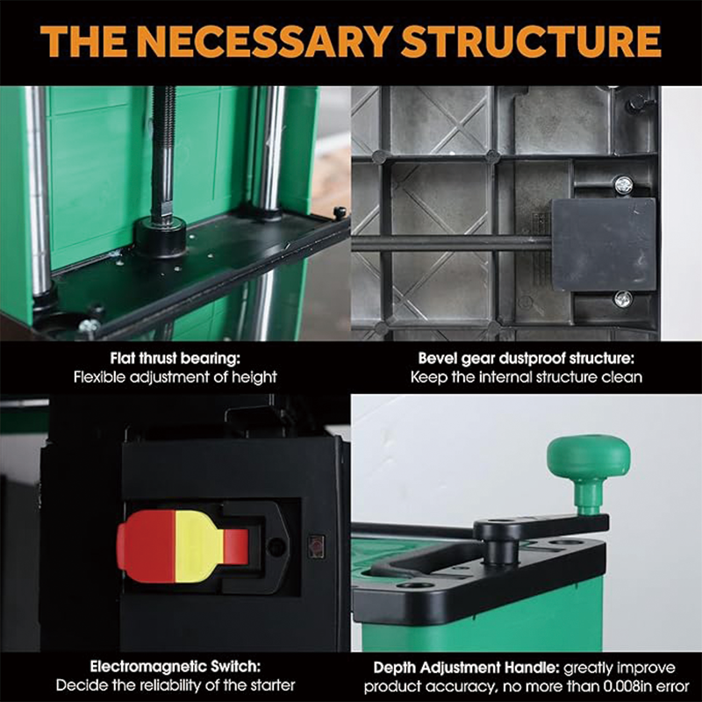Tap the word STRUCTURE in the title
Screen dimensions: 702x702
[x=532, y=41]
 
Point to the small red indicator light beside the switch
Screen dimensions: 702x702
[x=317, y=546]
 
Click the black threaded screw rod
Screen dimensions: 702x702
[x=163, y=152]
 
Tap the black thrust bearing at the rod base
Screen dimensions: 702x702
[x=161, y=235]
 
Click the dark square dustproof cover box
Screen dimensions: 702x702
[x=604, y=245]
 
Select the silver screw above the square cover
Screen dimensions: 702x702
[x=623, y=183]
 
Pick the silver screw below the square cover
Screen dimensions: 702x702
[x=623, y=298]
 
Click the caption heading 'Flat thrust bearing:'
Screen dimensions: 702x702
[x=175, y=359]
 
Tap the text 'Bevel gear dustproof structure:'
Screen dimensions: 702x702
[x=526, y=359]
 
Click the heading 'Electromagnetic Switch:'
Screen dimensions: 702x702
[x=175, y=667]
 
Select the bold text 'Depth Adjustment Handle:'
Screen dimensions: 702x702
[x=467, y=668]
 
